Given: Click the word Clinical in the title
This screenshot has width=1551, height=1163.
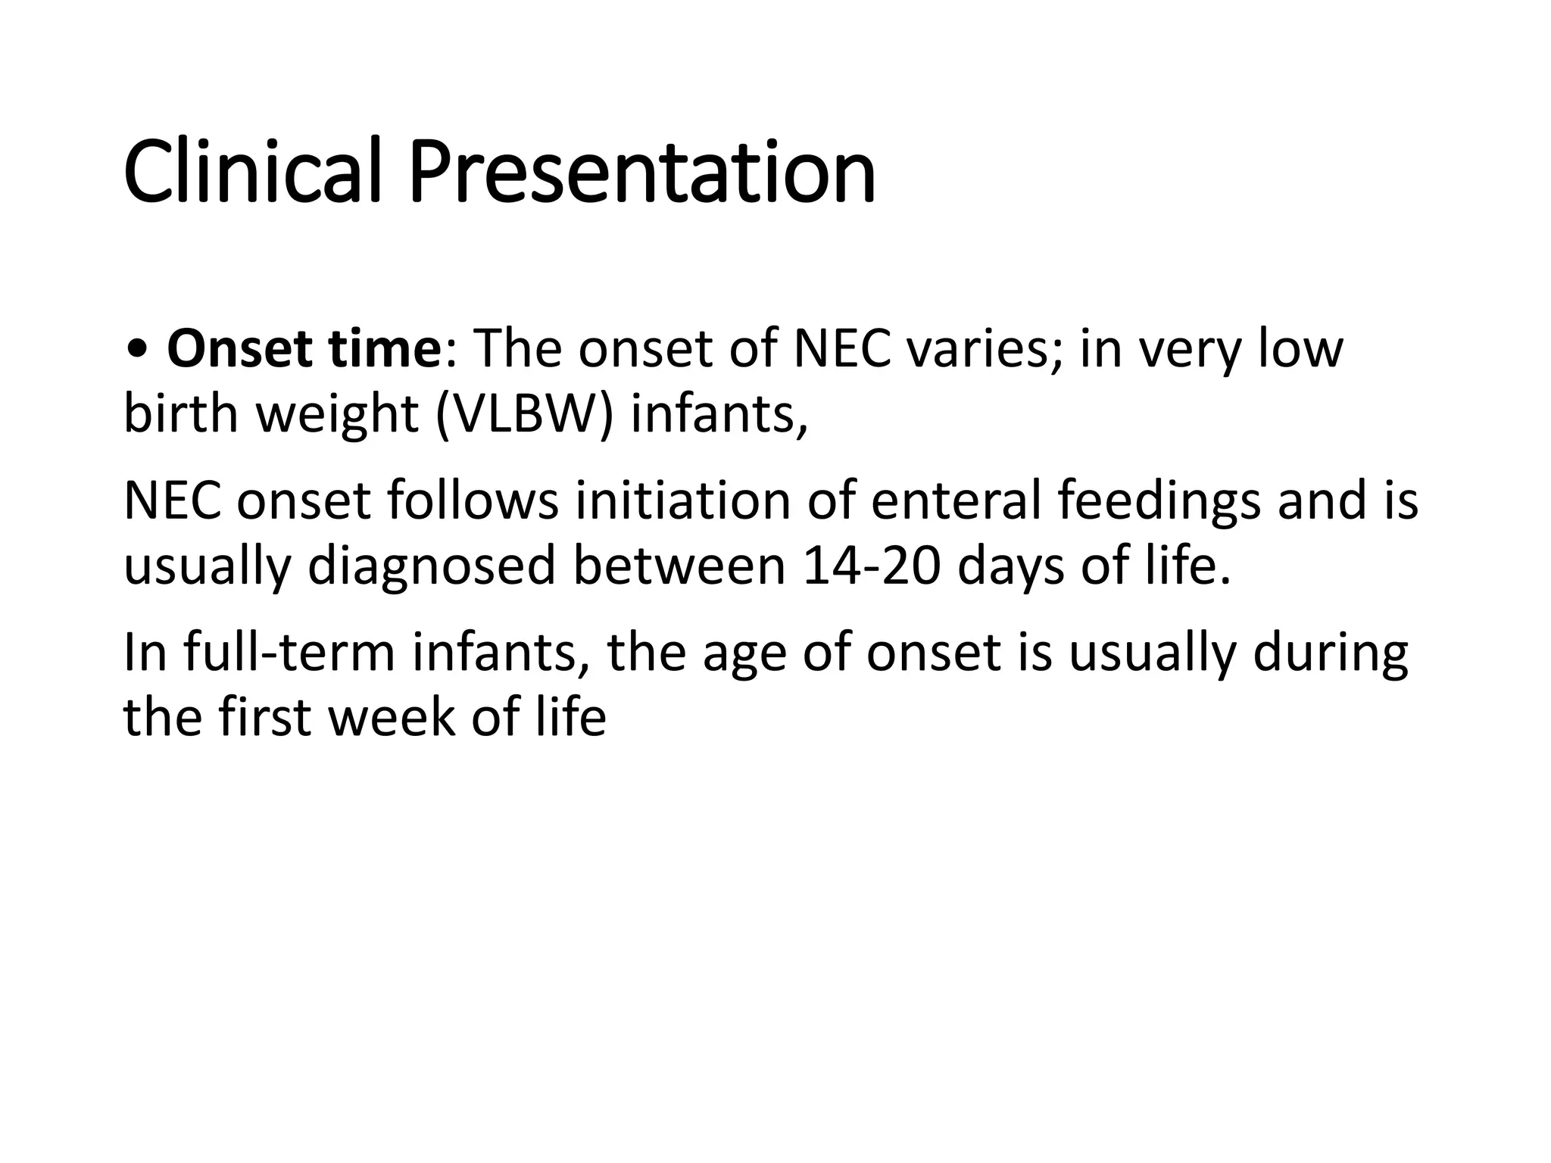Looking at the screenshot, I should pos(251,172).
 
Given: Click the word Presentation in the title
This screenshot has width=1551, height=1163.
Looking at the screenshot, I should pos(642,172).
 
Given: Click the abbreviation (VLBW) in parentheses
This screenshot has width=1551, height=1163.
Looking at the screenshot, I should pos(525,415).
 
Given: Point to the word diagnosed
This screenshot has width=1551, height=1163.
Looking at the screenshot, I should pos(432,566).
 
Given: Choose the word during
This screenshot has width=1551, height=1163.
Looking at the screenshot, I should pos(1331,653).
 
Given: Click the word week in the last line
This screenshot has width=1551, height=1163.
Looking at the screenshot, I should pos(392,717).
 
